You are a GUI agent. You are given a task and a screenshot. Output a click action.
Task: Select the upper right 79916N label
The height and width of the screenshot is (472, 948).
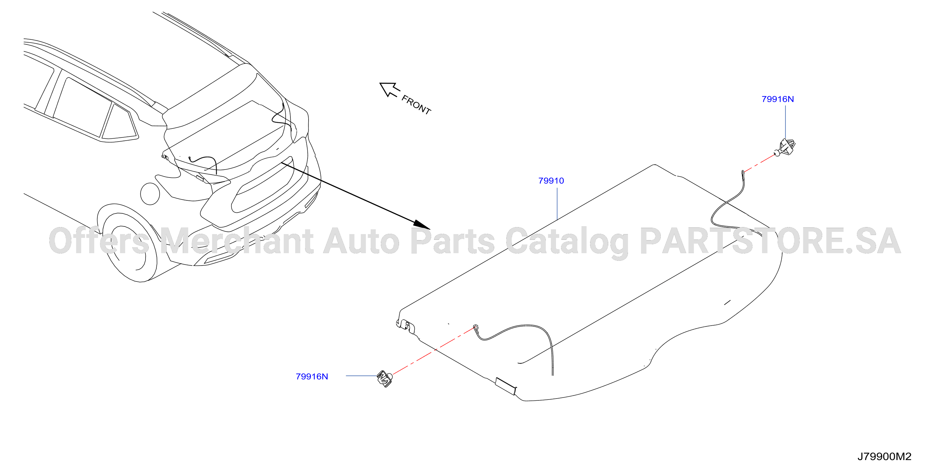(x=778, y=99)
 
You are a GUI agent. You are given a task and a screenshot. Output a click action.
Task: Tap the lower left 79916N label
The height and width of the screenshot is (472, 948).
(x=312, y=377)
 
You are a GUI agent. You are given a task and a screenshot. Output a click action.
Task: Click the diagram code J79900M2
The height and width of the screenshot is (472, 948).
(x=884, y=456)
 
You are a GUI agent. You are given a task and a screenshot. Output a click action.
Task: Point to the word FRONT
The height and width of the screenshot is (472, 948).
(x=416, y=105)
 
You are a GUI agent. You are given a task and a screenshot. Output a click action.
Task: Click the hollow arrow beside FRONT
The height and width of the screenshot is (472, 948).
(x=389, y=89)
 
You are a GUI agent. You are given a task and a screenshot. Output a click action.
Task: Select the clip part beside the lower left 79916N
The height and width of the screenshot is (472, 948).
(x=385, y=378)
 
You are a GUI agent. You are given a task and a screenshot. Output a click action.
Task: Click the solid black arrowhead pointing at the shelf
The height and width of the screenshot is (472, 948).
(x=422, y=225)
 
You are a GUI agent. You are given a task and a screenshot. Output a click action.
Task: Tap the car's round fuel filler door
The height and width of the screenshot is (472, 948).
(x=150, y=193)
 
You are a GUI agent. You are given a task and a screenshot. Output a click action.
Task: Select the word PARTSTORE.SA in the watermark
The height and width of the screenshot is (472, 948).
(x=771, y=241)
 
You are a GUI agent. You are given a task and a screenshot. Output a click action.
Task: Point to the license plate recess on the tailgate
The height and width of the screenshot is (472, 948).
(x=262, y=184)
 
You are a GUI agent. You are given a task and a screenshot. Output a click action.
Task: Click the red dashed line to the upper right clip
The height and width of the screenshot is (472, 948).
(x=759, y=163)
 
